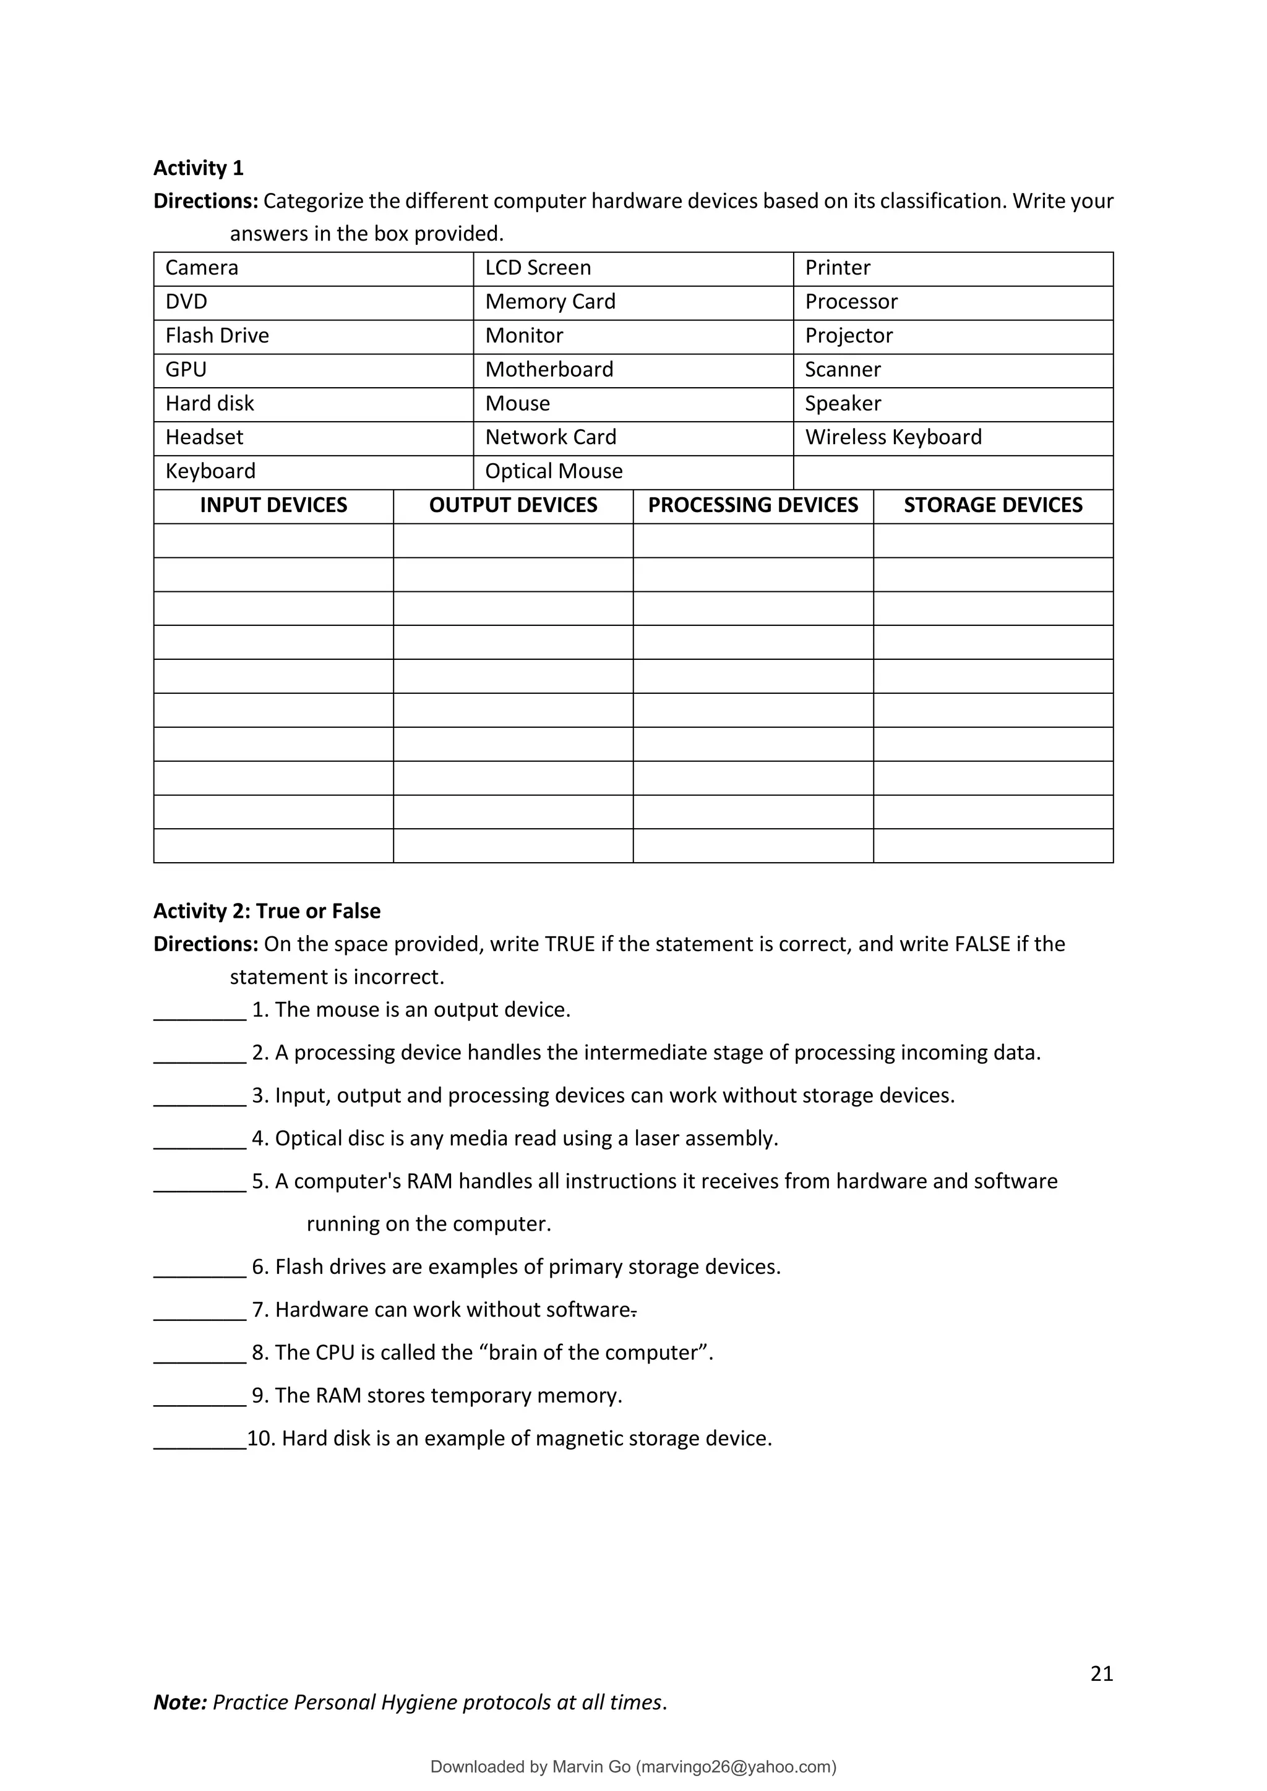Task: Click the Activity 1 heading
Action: pos(198,168)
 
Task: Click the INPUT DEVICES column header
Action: pos(273,505)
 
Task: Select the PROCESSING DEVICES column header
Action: pos(753,505)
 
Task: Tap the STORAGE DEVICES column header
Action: pos(992,505)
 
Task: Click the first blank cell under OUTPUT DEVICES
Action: pos(513,541)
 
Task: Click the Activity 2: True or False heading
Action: pos(267,911)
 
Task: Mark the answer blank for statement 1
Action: pos(200,1012)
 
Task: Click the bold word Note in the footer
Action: pos(179,1702)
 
